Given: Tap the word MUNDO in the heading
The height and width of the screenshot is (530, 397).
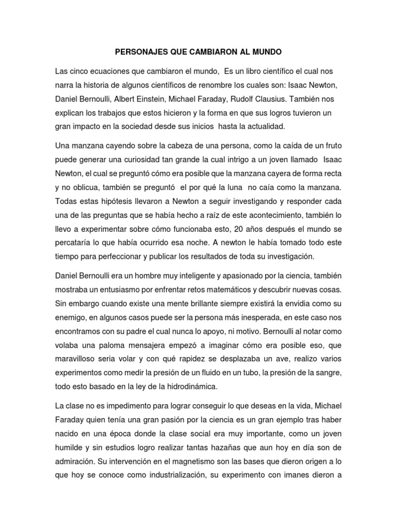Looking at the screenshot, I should click(266, 52).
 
